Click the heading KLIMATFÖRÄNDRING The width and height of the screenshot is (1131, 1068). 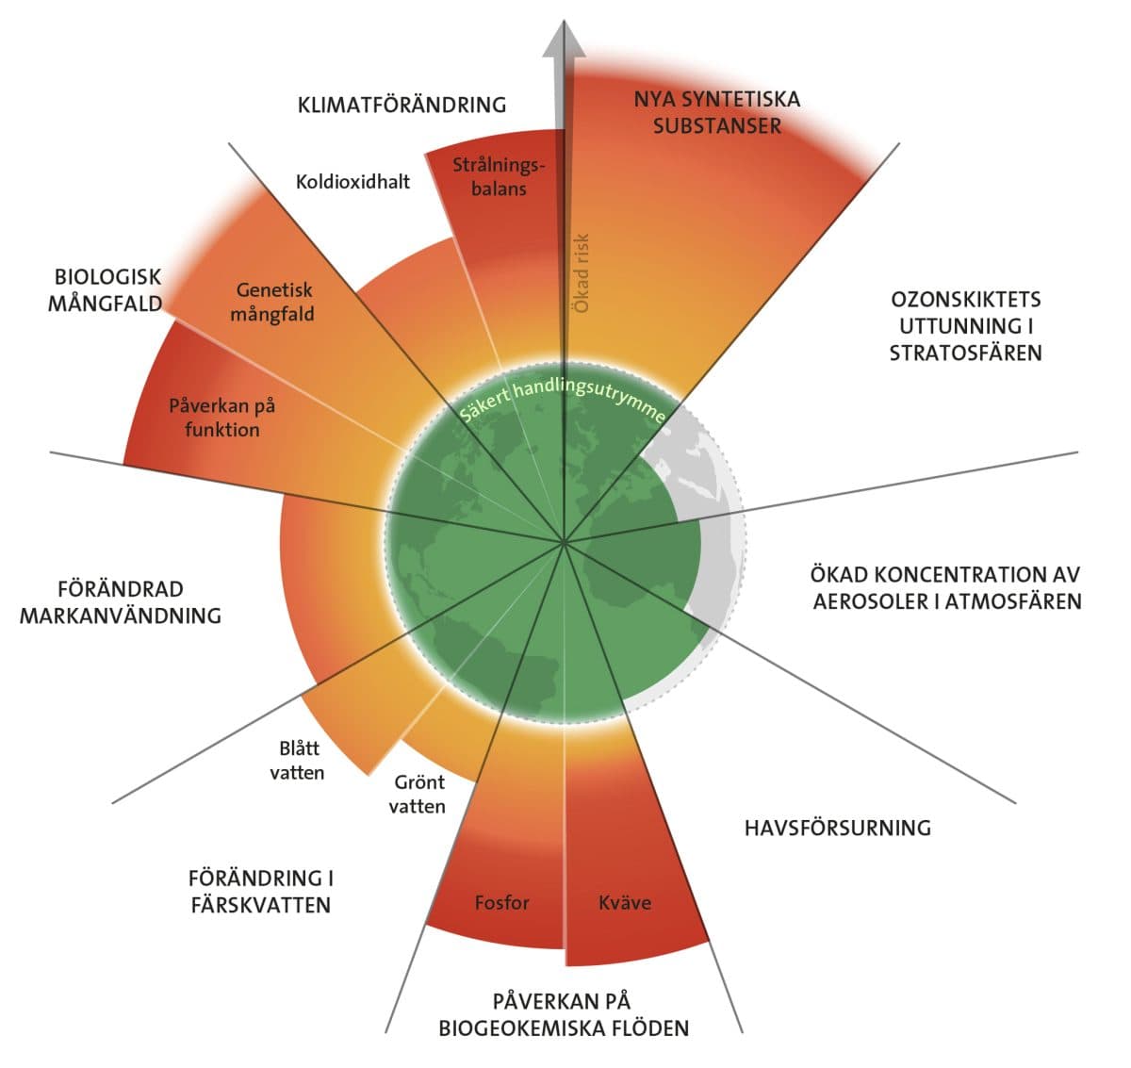click(x=402, y=105)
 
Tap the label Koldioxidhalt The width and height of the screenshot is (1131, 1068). click(x=352, y=181)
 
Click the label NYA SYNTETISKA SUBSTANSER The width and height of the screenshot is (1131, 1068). click(x=716, y=112)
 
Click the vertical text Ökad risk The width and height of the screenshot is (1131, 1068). click(x=582, y=273)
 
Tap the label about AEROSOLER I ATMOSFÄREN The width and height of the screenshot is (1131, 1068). click(x=946, y=587)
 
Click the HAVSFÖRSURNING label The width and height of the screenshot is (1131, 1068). click(x=837, y=828)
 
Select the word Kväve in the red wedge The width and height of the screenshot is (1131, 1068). click(x=625, y=902)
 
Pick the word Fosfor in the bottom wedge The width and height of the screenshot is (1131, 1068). click(x=501, y=902)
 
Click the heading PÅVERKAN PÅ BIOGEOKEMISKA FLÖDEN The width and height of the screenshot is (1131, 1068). click(x=563, y=1014)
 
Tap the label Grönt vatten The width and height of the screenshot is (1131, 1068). click(x=417, y=794)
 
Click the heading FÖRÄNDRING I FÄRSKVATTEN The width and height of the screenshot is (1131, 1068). click(x=260, y=891)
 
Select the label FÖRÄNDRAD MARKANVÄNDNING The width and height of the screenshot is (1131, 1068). click(x=121, y=602)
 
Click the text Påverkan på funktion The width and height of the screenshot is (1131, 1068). click(x=221, y=418)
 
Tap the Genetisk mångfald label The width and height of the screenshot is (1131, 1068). click(x=272, y=302)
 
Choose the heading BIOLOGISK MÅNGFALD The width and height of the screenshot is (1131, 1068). click(x=107, y=290)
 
